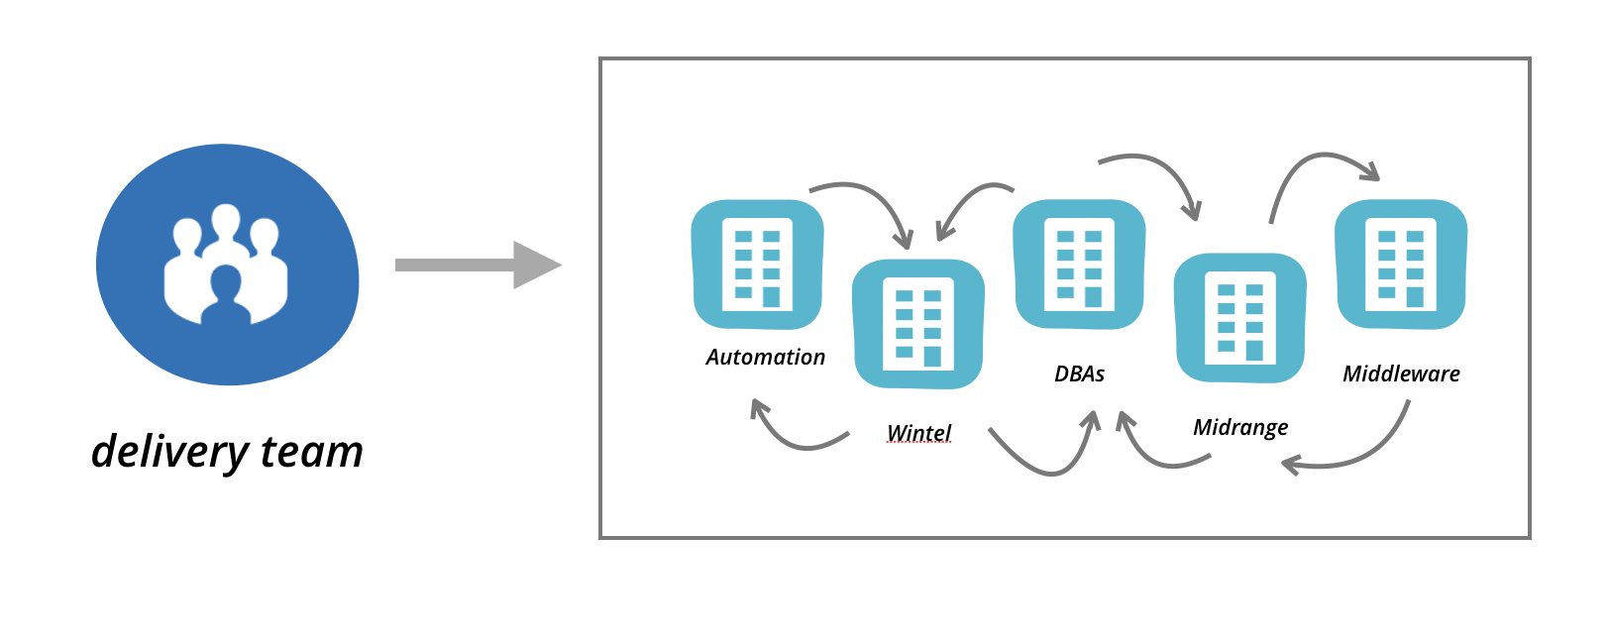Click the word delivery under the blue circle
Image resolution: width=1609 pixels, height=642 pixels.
tap(169, 452)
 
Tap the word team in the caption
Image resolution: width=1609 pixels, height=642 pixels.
tap(312, 452)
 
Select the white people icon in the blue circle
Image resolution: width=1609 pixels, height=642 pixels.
tap(226, 265)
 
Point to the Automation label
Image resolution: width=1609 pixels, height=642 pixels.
tap(765, 358)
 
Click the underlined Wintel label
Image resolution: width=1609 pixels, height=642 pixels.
tap(918, 433)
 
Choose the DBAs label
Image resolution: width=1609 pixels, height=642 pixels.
tap(1079, 374)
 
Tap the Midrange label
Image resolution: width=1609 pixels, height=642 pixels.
tap(1240, 427)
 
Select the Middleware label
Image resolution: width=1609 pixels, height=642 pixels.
tap(1401, 374)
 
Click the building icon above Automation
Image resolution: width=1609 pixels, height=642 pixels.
tap(758, 265)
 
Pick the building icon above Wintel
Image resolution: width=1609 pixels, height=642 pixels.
tap(918, 324)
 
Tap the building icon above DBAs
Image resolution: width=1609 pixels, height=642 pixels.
tap(1079, 265)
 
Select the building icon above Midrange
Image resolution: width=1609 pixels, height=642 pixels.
tap(1240, 318)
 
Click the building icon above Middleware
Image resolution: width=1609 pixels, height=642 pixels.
tap(1401, 265)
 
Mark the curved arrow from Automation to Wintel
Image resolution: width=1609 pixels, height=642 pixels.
tap(872, 197)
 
